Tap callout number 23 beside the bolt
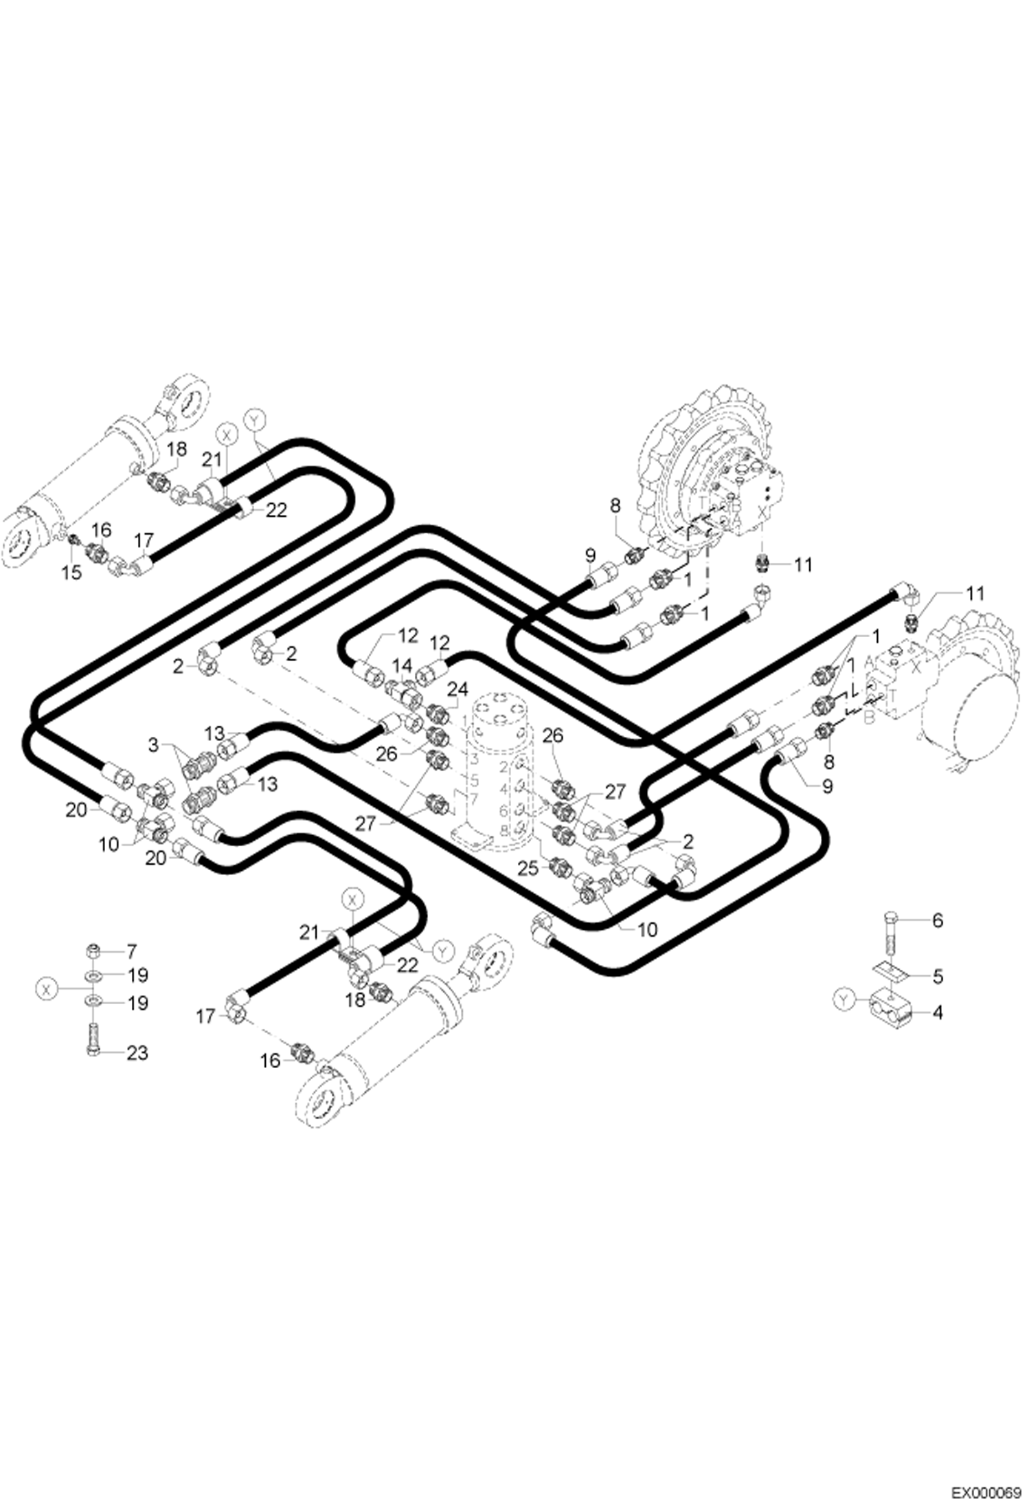(x=137, y=1052)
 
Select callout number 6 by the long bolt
(x=937, y=920)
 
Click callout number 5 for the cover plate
(x=937, y=977)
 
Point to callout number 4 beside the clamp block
(x=937, y=1012)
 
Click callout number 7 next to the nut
(x=132, y=951)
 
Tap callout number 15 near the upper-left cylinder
(x=71, y=572)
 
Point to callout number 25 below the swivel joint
(x=528, y=869)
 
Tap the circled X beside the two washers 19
(x=45, y=989)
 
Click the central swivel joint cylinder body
(x=499, y=770)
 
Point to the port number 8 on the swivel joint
(x=504, y=829)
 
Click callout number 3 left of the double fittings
(x=153, y=744)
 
